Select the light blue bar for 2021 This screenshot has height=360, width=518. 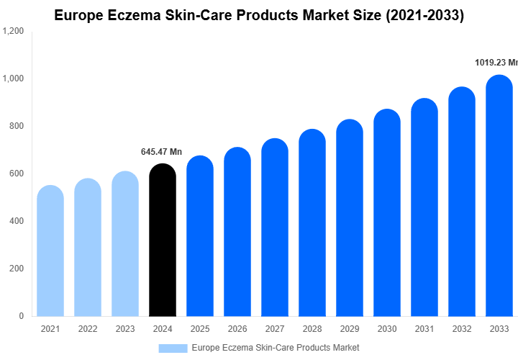pos(50,252)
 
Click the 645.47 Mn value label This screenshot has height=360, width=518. pos(161,152)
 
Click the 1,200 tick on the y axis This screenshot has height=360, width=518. pos(13,32)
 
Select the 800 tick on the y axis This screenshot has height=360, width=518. pos(16,126)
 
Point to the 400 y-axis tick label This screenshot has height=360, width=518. pos(16,221)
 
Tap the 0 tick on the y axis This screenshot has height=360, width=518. pos(21,316)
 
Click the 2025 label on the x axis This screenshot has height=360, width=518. pos(199,329)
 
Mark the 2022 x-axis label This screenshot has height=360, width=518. pos(88,329)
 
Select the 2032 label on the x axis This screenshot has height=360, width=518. pos(461,329)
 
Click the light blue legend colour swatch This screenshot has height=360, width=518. pos(173,348)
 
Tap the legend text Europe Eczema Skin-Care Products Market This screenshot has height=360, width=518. pos(276,348)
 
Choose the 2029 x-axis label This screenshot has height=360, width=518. pos(349,329)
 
